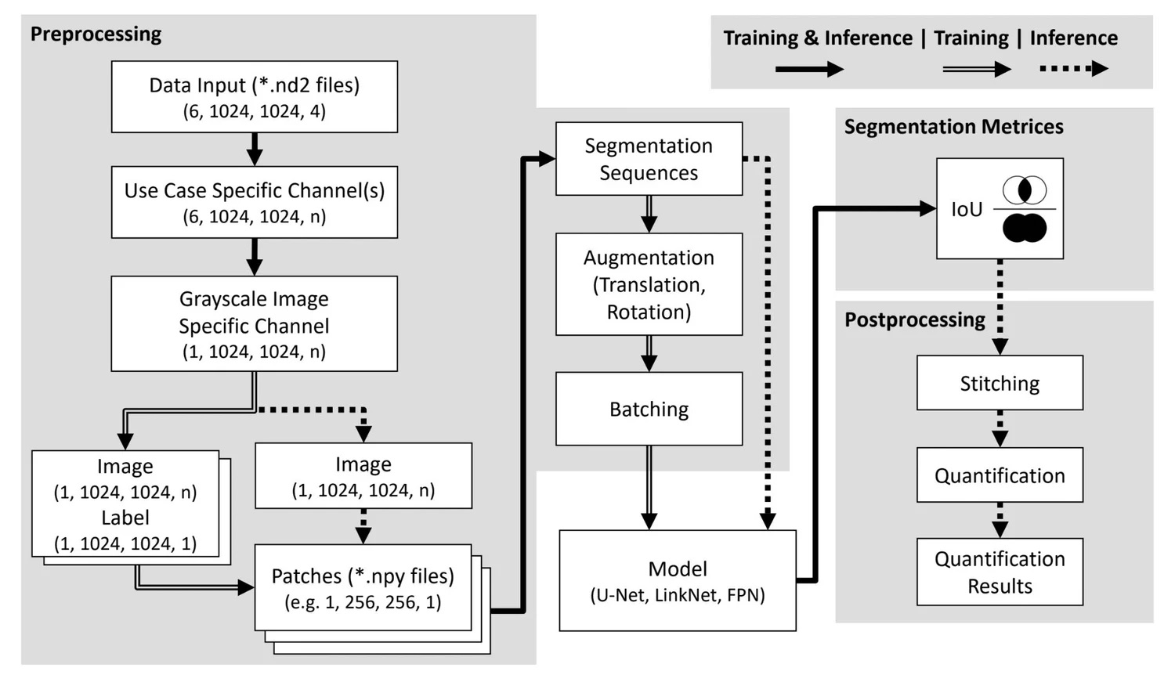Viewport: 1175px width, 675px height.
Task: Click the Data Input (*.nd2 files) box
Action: tap(254, 96)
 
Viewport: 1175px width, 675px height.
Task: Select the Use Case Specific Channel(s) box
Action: tap(254, 202)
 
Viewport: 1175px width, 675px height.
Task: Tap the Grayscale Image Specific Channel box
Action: tap(254, 323)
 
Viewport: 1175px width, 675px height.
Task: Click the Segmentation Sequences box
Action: tap(649, 159)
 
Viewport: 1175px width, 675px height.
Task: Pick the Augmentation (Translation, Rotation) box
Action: tap(649, 284)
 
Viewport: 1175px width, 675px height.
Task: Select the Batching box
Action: tap(649, 409)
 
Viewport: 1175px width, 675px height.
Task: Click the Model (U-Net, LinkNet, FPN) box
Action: tap(677, 580)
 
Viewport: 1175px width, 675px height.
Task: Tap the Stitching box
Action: tap(1000, 383)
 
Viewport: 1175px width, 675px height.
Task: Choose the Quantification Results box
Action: tap(1000, 572)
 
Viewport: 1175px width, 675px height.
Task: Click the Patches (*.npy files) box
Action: tap(363, 587)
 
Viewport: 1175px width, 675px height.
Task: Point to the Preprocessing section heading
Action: tap(96, 34)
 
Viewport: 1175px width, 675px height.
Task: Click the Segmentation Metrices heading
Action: tap(953, 127)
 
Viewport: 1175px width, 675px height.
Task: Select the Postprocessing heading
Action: tap(914, 319)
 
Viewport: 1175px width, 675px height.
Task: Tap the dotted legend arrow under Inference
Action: tap(1073, 69)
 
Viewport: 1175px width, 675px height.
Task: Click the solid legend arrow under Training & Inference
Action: tap(808, 69)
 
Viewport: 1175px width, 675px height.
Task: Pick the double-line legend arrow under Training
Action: tap(976, 69)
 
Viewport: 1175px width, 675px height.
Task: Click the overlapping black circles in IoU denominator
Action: tap(1025, 227)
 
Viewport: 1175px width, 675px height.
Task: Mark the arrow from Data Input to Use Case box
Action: tap(254, 149)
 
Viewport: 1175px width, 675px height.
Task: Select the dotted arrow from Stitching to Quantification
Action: tap(1000, 428)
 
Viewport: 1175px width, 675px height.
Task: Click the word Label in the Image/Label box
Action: tap(125, 518)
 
